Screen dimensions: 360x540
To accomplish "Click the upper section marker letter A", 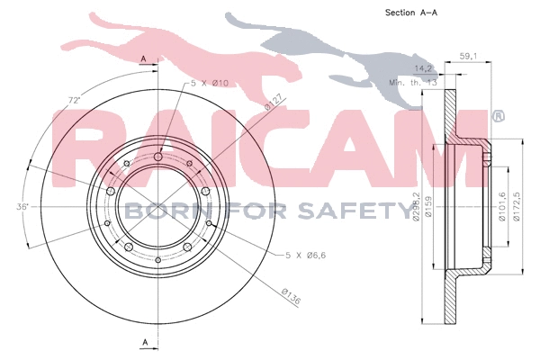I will (144, 58).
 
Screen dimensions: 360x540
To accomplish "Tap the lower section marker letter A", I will (144, 342).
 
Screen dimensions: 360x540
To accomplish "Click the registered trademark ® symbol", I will (498, 117).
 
